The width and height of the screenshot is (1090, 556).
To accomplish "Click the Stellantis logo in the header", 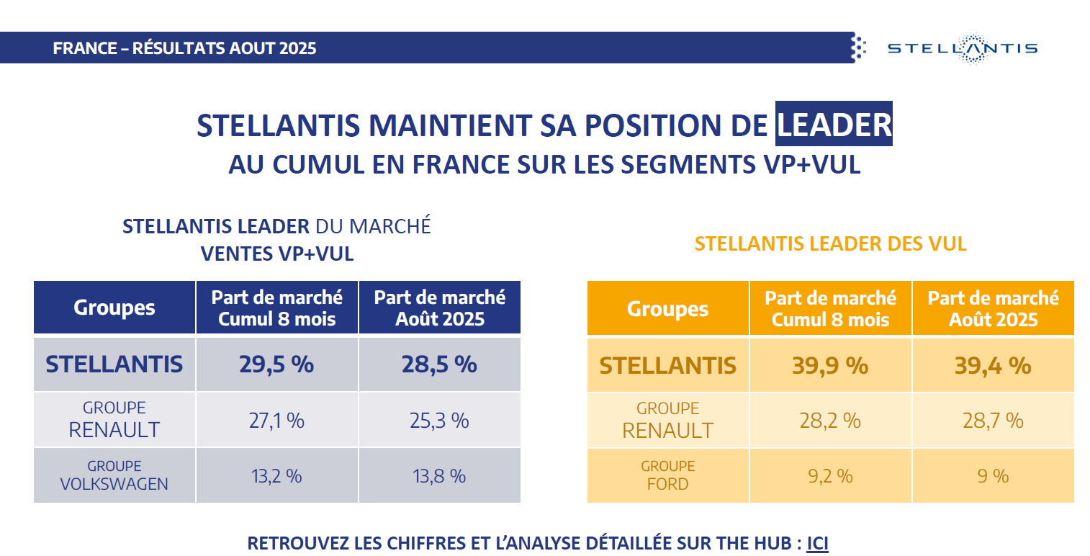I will [x=962, y=48].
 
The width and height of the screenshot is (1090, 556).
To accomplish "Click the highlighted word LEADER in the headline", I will [x=834, y=125].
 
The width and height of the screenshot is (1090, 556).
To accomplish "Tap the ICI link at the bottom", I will [x=817, y=543].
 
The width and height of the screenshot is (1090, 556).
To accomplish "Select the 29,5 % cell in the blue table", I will [x=276, y=364].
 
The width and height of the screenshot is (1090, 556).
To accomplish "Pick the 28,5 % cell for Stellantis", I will [x=439, y=364].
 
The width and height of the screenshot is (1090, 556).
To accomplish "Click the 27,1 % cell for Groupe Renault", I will [x=276, y=420].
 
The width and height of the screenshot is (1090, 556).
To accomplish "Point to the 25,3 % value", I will [x=439, y=420].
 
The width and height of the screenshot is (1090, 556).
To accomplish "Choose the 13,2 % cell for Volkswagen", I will [x=276, y=475].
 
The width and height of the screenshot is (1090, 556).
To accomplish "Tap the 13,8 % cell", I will [x=439, y=475].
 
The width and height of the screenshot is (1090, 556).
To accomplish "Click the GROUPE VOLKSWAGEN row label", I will [x=114, y=475].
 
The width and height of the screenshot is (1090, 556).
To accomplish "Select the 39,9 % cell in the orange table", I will [x=830, y=365].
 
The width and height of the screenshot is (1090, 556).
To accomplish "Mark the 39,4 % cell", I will [x=993, y=365].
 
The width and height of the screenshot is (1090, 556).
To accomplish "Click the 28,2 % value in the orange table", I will [x=830, y=421].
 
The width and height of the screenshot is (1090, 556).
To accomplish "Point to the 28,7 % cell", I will [x=993, y=421].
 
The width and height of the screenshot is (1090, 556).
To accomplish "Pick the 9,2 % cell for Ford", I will [x=830, y=475].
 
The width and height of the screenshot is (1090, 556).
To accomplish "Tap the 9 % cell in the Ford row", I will [x=993, y=475].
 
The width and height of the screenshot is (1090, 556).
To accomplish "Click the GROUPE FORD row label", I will [x=667, y=475].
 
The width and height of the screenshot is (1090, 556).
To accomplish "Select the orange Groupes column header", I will [x=667, y=309].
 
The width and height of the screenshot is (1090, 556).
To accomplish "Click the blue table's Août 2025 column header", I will [x=439, y=308].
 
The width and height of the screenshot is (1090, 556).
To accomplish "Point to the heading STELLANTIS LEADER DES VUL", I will [x=830, y=243].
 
